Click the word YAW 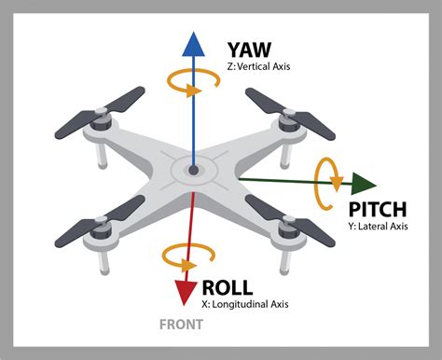pos(251,48)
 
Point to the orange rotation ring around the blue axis pos(194,86)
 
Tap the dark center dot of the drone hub pos(193,172)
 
